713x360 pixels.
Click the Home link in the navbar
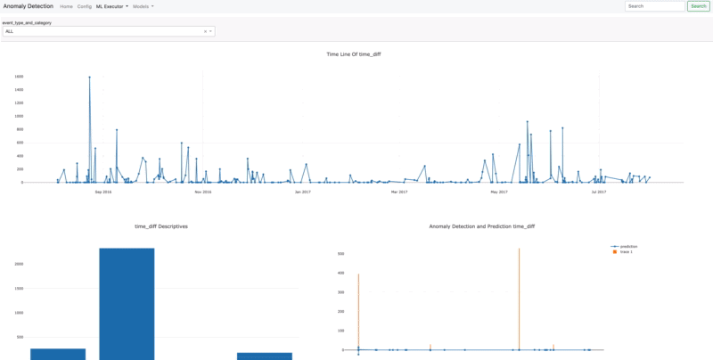click(x=66, y=6)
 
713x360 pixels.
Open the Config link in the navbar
click(x=85, y=6)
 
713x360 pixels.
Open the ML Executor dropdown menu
click(x=112, y=6)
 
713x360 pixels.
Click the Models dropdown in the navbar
click(x=143, y=6)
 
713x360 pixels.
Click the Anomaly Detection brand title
click(x=28, y=6)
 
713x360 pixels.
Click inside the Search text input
click(x=654, y=6)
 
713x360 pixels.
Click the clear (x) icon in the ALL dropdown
click(x=205, y=31)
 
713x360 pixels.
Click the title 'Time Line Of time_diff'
click(x=354, y=54)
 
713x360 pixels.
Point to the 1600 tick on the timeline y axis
click(x=19, y=77)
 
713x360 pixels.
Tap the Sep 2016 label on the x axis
click(x=102, y=192)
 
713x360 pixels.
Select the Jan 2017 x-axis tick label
click(x=302, y=192)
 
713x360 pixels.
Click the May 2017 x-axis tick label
click(x=498, y=192)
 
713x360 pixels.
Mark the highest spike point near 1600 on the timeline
click(x=90, y=78)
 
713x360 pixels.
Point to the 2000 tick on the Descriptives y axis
click(x=19, y=264)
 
